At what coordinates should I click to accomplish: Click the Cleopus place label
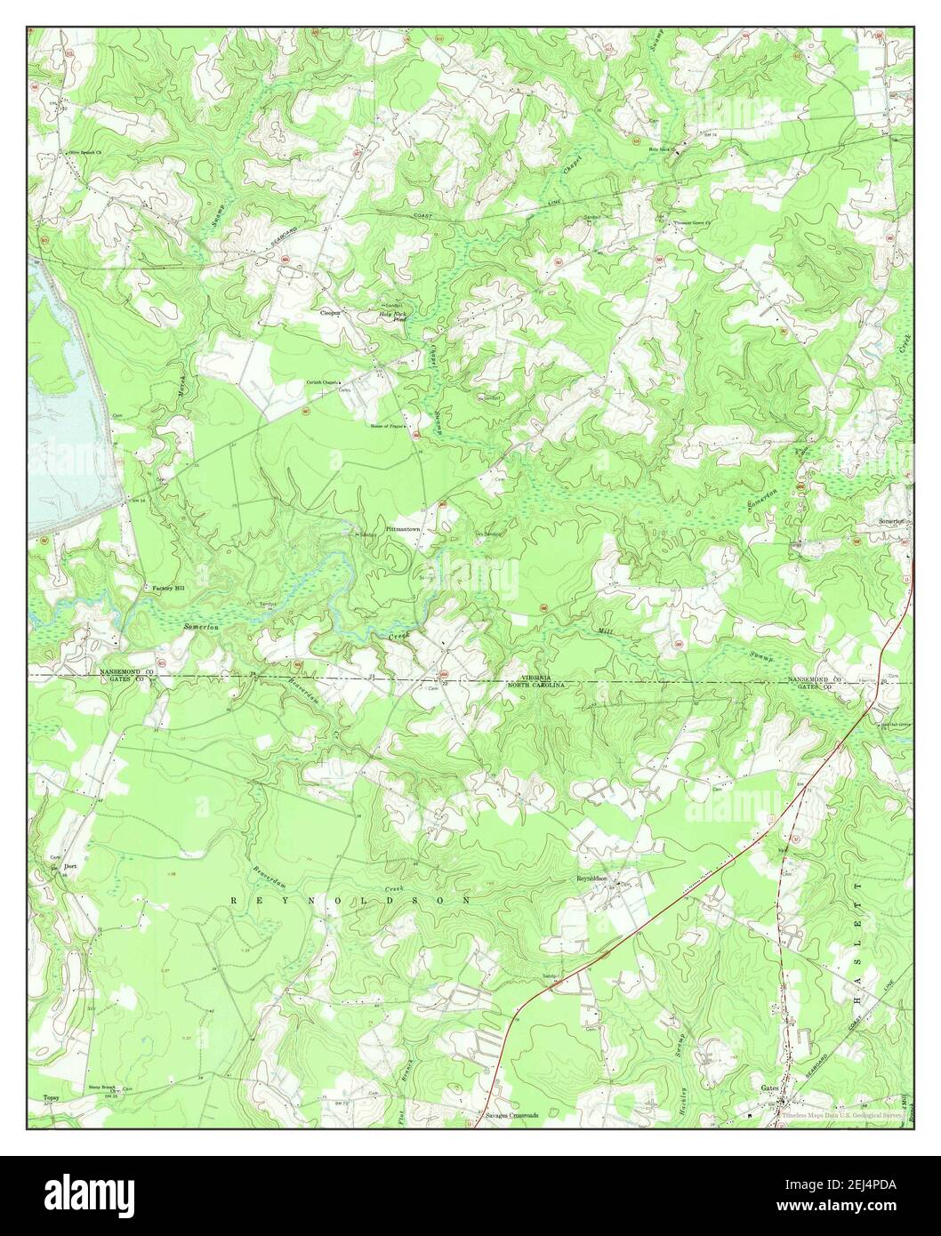pyautogui.click(x=331, y=313)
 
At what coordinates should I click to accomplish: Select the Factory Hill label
pyautogui.click(x=166, y=589)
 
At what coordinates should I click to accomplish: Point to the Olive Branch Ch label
pyautogui.click(x=86, y=153)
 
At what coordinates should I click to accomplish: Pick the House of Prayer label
pyautogui.click(x=389, y=426)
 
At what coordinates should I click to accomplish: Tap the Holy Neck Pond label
pyautogui.click(x=392, y=316)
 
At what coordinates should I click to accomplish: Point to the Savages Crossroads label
pyautogui.click(x=511, y=1114)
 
